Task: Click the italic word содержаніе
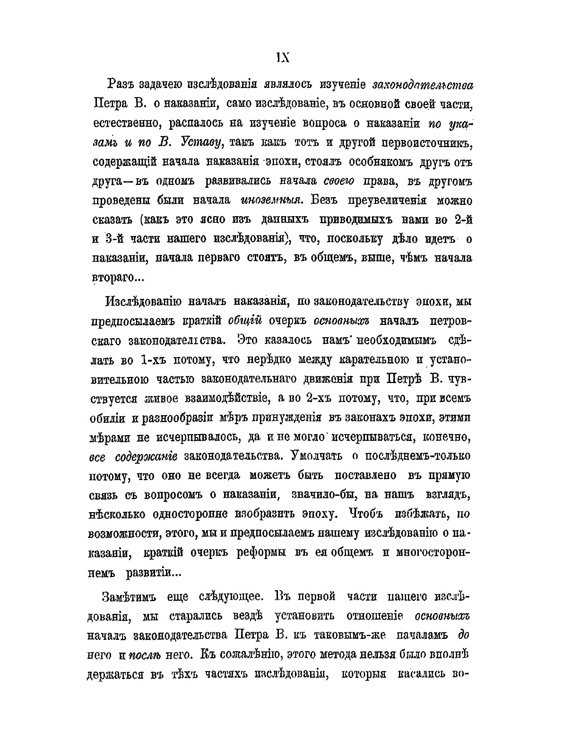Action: (x=147, y=457)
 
